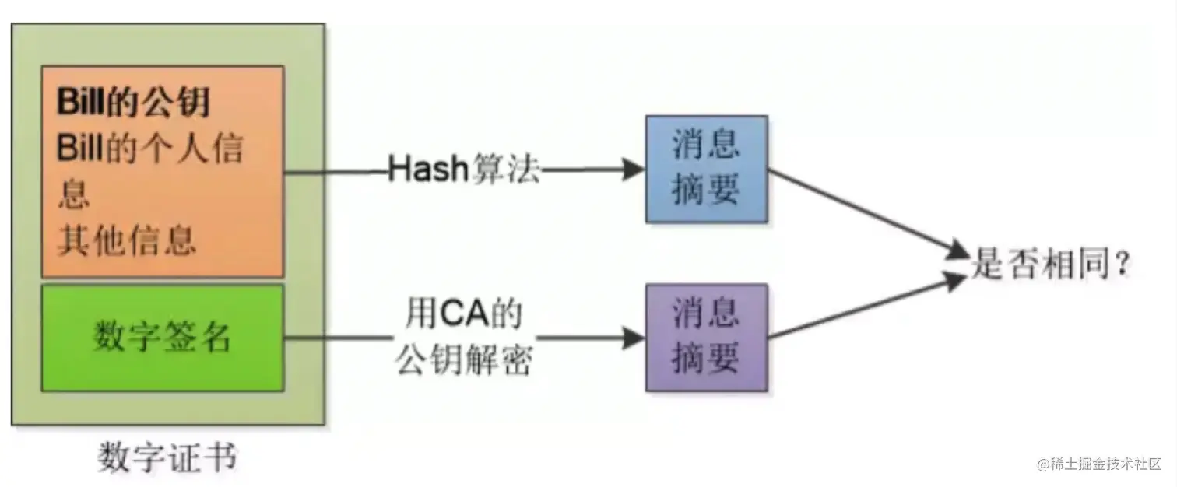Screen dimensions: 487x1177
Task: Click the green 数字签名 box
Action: point(162,338)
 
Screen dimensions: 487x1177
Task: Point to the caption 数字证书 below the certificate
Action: point(167,458)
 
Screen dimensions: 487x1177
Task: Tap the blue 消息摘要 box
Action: point(707,169)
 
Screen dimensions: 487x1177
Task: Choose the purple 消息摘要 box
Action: point(707,337)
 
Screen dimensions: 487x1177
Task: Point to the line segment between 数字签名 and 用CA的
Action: point(339,338)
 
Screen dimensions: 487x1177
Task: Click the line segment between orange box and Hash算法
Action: point(335,170)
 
